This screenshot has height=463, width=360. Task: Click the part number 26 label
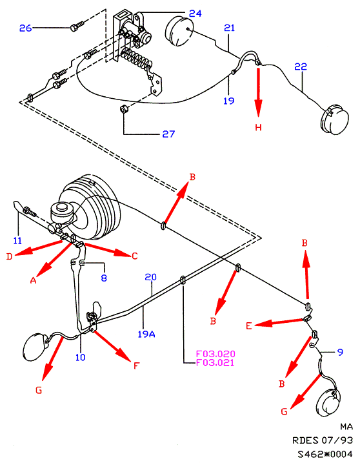tap(25, 28)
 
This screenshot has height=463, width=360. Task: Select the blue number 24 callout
tap(195, 14)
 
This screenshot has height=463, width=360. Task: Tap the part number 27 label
tap(168, 134)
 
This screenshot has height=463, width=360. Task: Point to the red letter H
tap(259, 127)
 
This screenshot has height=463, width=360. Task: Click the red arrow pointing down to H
tap(259, 92)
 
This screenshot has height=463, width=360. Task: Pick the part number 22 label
tap(301, 67)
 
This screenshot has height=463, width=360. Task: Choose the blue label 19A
tap(146, 334)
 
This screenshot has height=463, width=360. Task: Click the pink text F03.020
tap(215, 354)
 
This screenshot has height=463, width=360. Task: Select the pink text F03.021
tap(215, 363)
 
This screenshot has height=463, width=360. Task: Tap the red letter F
tap(135, 366)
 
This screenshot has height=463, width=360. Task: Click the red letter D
tap(9, 256)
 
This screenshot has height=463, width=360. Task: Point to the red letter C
tap(135, 256)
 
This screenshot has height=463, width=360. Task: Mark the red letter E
tap(249, 325)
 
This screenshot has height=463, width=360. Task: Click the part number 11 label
tap(17, 241)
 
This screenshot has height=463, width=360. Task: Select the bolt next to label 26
tap(77, 25)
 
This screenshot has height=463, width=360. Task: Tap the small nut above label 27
tap(123, 108)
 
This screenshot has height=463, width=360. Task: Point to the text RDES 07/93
tap(323, 440)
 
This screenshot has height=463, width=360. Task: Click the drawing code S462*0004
tap(325, 453)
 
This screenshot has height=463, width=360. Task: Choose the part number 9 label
tap(340, 352)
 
